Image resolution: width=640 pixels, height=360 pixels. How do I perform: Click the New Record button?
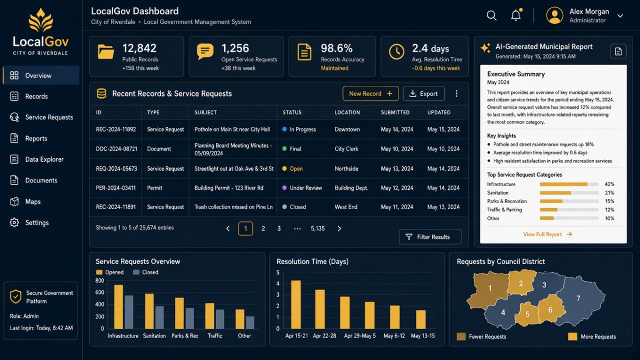point(370,93)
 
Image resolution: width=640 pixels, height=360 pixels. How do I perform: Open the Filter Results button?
point(430,237)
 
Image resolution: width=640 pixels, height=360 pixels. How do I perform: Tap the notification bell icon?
point(516,15)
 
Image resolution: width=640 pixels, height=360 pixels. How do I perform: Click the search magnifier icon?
point(491,15)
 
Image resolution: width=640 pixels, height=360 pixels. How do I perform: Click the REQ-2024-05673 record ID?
point(116,169)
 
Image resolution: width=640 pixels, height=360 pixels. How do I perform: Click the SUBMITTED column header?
point(395,113)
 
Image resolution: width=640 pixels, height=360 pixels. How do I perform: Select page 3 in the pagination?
point(279,229)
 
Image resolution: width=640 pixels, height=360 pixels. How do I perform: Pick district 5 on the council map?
point(527,314)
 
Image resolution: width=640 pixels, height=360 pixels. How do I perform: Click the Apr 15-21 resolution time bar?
point(296,305)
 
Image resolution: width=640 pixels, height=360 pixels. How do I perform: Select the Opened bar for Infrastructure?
point(118,307)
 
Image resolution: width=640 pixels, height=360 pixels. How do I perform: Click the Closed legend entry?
point(146,273)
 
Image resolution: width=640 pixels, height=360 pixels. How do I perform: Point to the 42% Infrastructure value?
point(610,185)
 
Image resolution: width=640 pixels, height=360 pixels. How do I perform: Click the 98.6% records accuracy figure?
point(337,49)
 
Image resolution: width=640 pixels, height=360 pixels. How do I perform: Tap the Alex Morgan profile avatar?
point(555,15)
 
